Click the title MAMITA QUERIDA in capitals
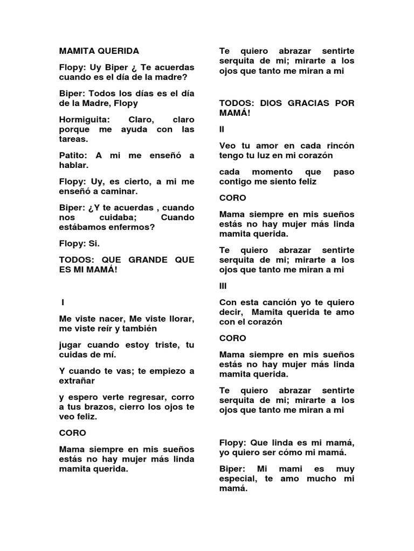(x=99, y=51)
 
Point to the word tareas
(x=73, y=139)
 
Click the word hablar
(x=73, y=165)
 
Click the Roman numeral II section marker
(x=222, y=130)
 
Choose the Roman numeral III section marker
(x=223, y=286)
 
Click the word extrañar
(x=77, y=380)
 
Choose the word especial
(x=240, y=479)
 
